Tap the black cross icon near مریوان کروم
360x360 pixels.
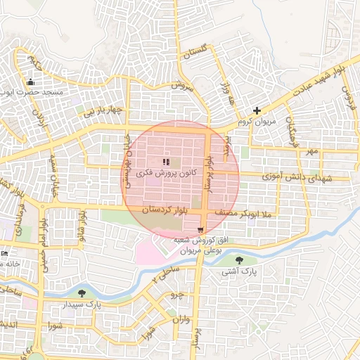tap(257, 110)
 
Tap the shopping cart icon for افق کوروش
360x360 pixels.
tap(201, 231)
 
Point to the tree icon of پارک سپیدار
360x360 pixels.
tap(83, 293)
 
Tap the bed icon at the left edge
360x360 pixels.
tap(4, 253)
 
